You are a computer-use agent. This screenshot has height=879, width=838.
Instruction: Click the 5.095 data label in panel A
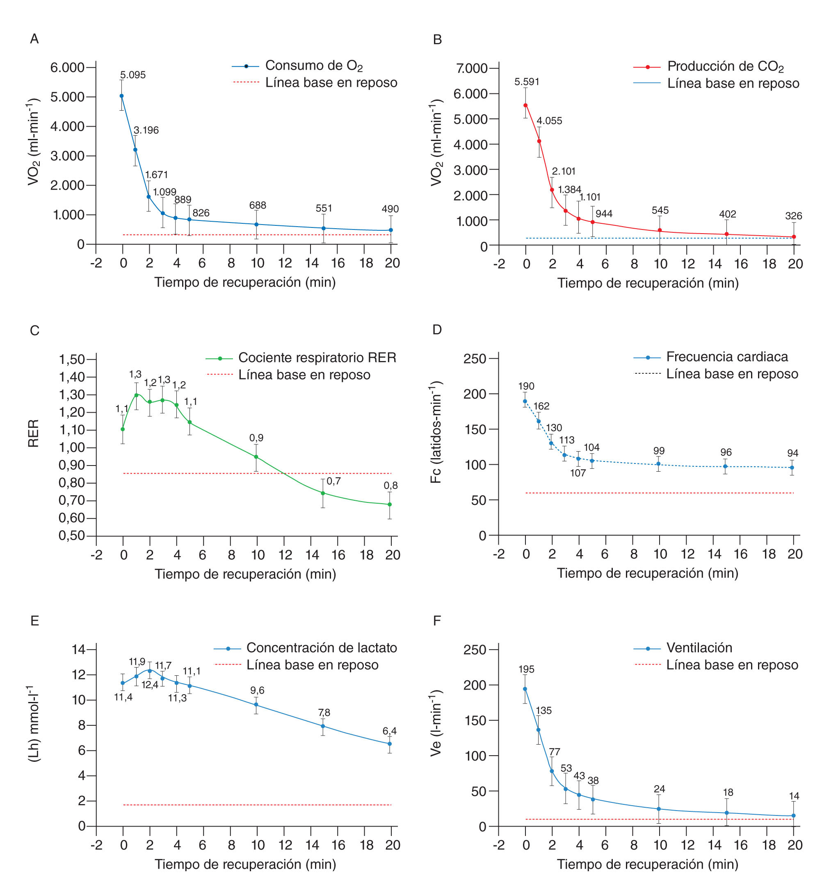point(132,75)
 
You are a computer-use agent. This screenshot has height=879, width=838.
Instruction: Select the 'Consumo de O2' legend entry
point(313,66)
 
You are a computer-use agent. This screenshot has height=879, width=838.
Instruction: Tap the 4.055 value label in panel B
point(549,120)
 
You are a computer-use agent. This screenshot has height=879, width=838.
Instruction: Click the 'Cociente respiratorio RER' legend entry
point(317,357)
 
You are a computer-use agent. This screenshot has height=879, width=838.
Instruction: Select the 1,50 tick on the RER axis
point(72,359)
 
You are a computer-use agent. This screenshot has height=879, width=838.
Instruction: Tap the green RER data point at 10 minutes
point(256,457)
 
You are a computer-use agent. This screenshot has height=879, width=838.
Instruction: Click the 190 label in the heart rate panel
point(526,386)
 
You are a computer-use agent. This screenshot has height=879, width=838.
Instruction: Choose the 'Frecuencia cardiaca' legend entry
point(727,357)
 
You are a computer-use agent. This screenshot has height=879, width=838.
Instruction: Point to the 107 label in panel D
point(578,473)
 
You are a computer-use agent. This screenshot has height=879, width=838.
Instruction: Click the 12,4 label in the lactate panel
point(150,684)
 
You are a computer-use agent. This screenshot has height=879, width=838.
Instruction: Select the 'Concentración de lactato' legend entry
point(321,647)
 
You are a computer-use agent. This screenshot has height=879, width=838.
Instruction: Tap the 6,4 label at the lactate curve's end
point(389,731)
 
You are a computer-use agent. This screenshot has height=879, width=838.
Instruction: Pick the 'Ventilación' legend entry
point(699,647)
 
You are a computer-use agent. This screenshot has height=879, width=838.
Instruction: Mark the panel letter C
point(34,330)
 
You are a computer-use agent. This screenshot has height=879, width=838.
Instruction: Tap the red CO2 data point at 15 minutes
point(726,234)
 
